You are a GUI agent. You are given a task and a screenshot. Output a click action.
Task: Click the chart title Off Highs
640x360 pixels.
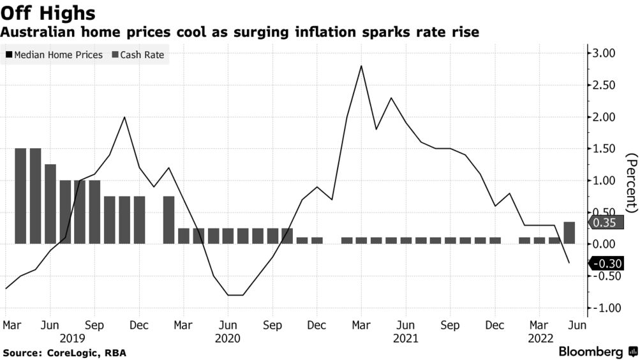(48, 12)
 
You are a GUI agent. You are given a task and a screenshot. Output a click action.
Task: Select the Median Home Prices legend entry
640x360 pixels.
(54, 55)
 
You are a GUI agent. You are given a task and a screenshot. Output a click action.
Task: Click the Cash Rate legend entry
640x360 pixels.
(138, 55)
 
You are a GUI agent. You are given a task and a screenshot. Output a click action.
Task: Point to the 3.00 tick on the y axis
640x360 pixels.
(603, 53)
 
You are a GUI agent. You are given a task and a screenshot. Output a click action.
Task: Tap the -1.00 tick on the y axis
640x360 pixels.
(602, 308)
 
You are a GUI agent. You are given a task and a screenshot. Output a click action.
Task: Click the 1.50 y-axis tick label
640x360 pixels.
(603, 149)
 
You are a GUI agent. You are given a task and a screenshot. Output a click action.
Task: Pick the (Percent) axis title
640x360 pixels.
(631, 183)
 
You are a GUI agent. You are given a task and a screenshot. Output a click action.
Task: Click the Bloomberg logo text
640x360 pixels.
(591, 352)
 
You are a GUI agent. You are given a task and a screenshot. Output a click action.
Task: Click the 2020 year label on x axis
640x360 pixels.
(228, 337)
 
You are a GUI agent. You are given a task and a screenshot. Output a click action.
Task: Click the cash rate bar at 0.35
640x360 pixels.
(569, 232)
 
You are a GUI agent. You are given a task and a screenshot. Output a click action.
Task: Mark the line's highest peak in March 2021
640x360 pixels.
(362, 66)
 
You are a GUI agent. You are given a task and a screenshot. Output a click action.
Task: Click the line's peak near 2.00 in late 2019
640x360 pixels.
(124, 117)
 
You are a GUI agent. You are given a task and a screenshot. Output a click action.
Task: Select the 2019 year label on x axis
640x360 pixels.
(73, 337)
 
